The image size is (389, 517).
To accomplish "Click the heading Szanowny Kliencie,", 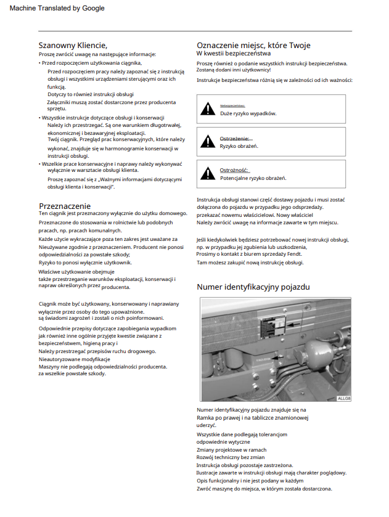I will (73, 45).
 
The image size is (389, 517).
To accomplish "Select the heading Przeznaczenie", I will (65, 206).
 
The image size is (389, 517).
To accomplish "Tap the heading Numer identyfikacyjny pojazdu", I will (253, 287).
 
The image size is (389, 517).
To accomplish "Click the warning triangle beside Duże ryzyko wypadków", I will (208, 110).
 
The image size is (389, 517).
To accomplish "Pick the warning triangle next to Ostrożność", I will (208, 174).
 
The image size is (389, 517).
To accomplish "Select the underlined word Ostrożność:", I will (234, 170).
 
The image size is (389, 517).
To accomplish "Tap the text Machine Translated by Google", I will (57, 8).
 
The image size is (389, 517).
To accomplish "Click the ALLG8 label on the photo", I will (343, 398).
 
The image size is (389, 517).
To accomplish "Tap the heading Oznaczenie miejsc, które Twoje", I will (253, 45).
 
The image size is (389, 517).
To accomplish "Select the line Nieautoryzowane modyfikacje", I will (74, 359).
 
